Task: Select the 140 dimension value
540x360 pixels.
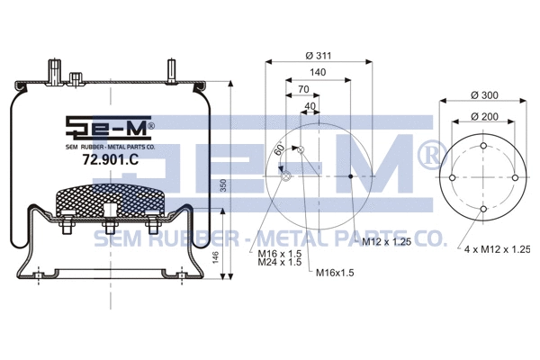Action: tap(317, 73)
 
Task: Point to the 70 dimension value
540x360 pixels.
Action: tap(303, 90)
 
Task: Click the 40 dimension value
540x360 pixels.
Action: tap(310, 106)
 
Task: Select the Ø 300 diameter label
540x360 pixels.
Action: tap(486, 95)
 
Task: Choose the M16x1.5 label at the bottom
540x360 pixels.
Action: tap(334, 272)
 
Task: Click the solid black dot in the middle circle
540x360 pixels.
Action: tap(350, 177)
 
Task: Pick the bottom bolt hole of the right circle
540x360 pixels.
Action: tap(484, 210)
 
